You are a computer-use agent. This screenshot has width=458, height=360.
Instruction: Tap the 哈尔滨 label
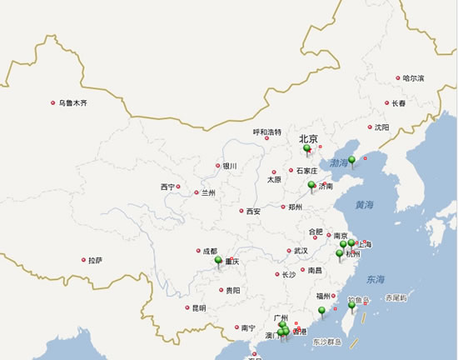pyautogui.click(x=413, y=78)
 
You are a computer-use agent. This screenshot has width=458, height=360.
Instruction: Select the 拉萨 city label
pyautogui.click(x=96, y=260)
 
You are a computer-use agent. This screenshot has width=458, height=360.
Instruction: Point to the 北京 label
pyautogui.click(x=309, y=140)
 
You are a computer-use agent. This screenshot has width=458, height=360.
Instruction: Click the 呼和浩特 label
pyautogui.click(x=267, y=132)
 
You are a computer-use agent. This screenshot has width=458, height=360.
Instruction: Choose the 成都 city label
pyautogui.click(x=209, y=251)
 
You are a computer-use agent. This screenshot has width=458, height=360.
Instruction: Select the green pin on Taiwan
pyautogui.click(x=351, y=306)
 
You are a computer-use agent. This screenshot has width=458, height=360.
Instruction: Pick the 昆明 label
pyautogui.click(x=198, y=307)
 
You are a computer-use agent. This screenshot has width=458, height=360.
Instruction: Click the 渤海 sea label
pyautogui.click(x=340, y=162)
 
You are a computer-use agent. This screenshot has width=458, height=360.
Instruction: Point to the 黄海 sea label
pyautogui.click(x=364, y=204)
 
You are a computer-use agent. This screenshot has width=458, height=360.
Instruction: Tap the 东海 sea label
pyautogui.click(x=376, y=279)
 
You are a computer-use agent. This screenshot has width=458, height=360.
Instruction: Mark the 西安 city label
pyautogui.click(x=253, y=212)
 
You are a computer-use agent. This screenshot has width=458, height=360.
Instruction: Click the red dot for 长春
pyautogui.click(x=386, y=103)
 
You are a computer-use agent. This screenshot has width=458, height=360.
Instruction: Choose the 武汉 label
pyautogui.click(x=300, y=251)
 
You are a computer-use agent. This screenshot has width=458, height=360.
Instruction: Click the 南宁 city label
pyautogui.click(x=247, y=327)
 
